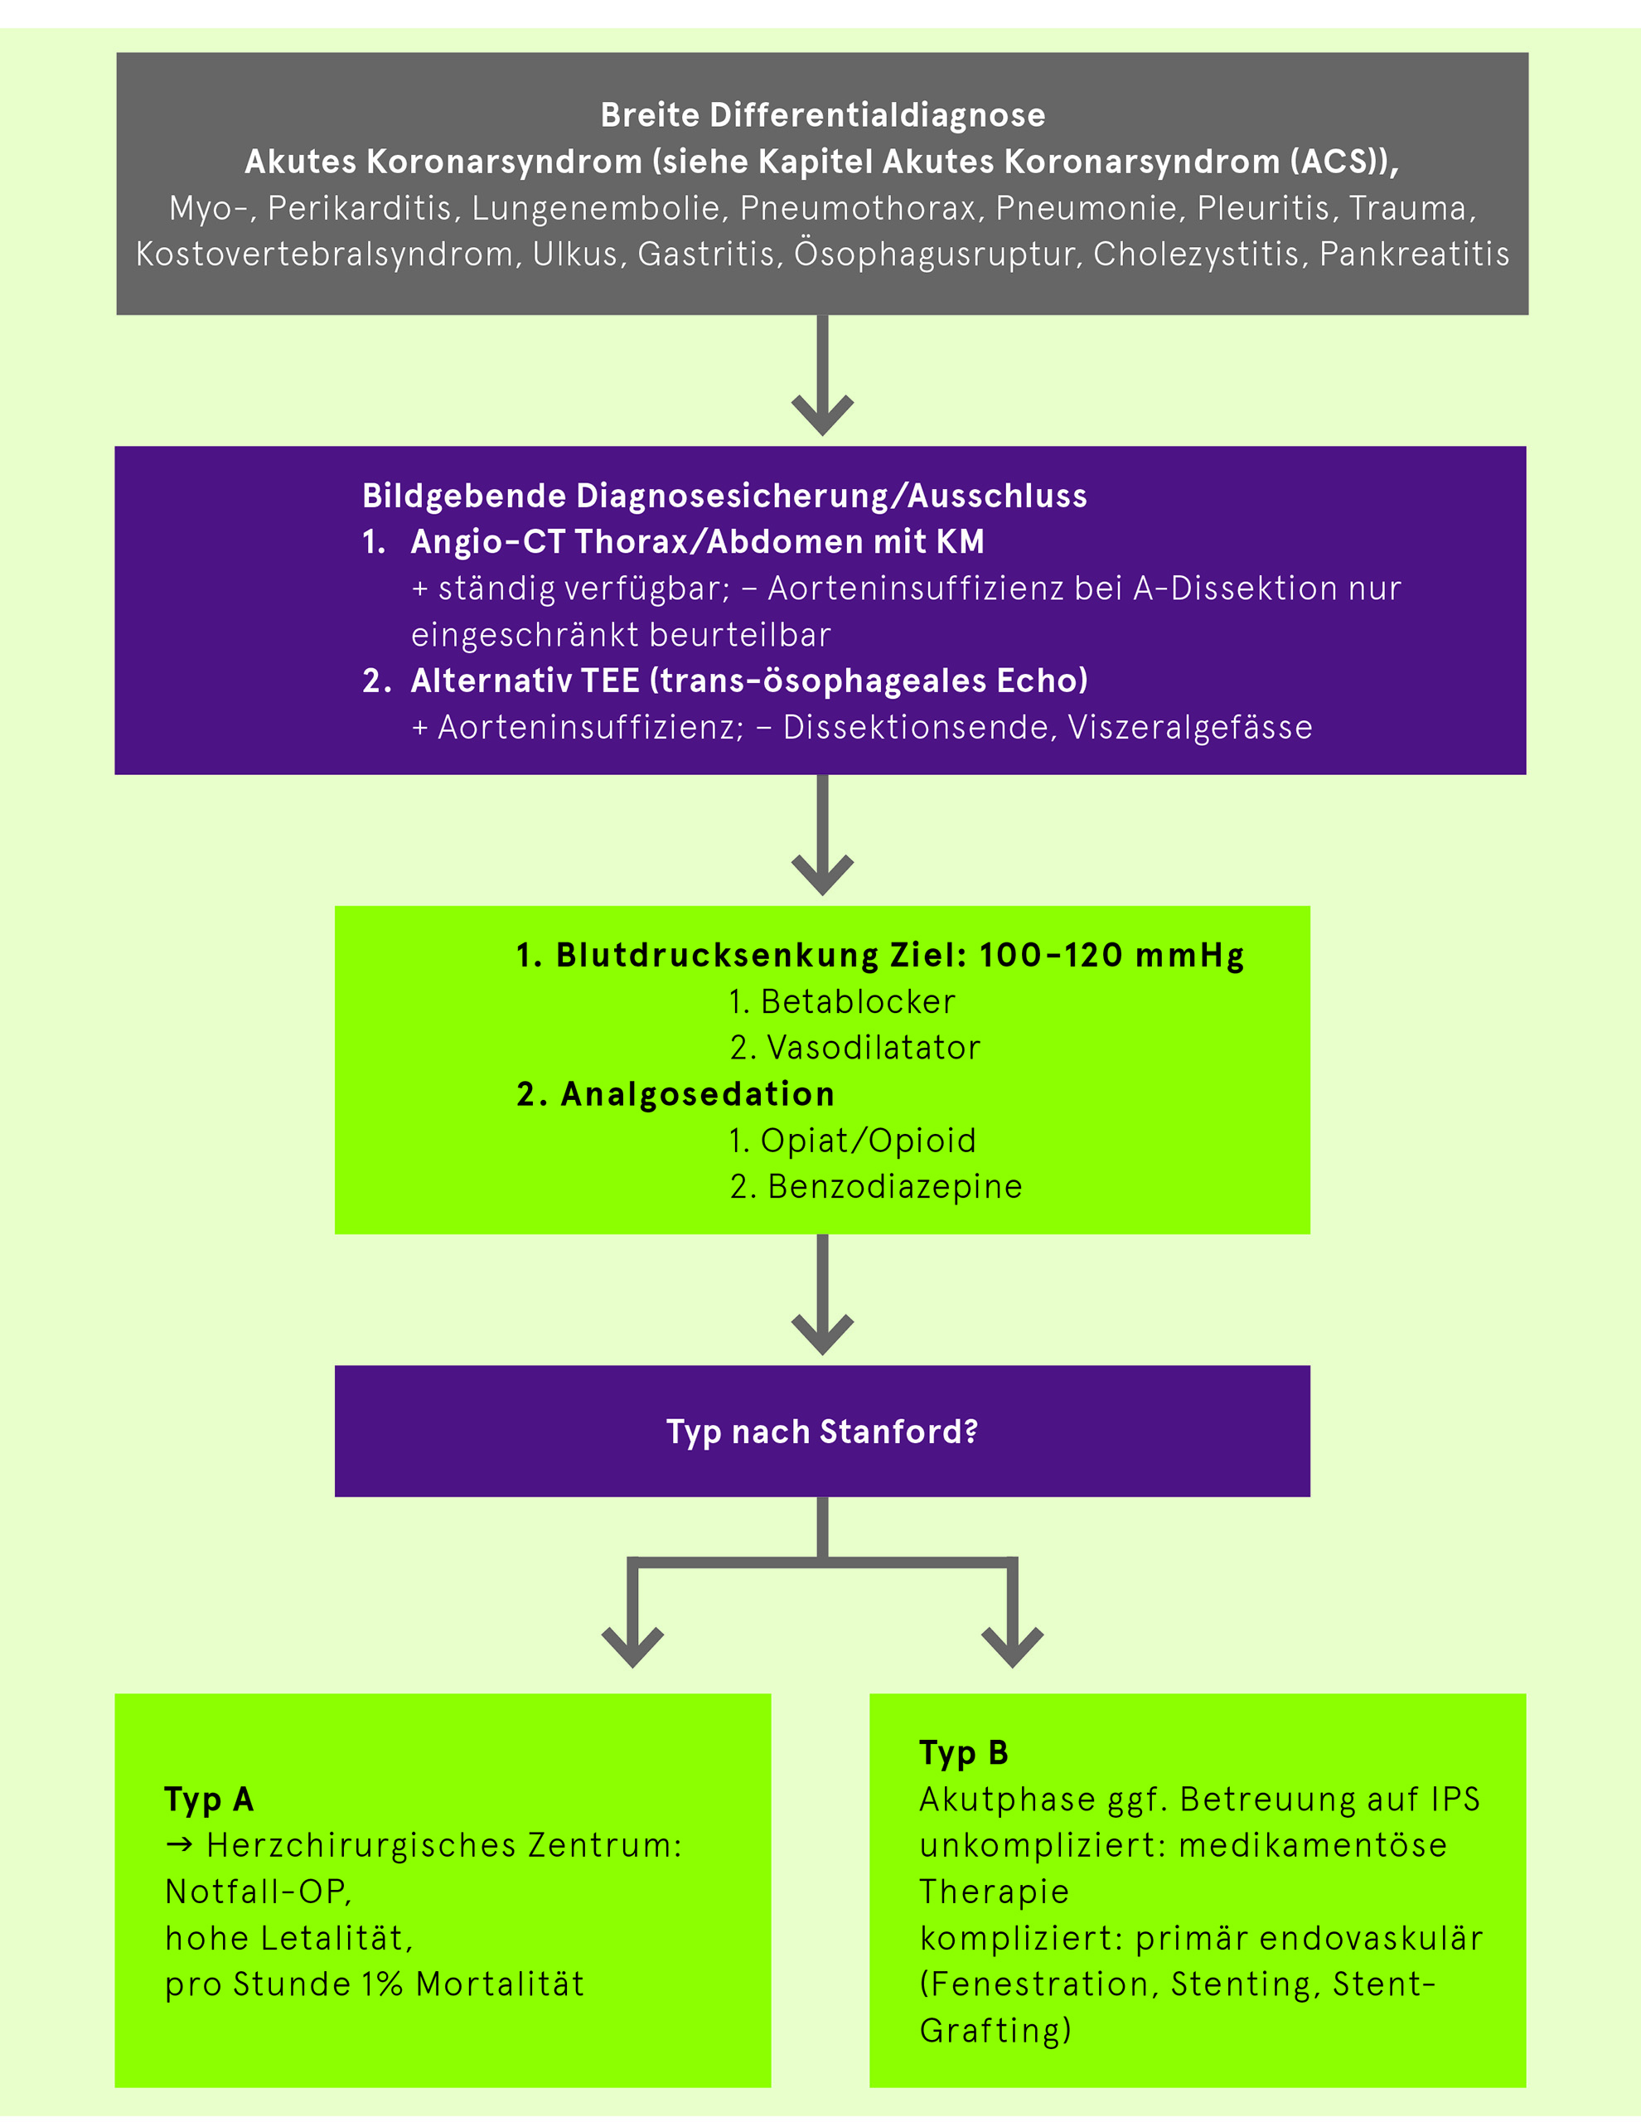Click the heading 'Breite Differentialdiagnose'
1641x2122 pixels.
coord(823,114)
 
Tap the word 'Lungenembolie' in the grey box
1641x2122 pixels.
coord(596,208)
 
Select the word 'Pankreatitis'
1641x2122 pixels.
coord(1414,254)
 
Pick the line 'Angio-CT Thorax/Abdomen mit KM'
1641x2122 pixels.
coord(697,541)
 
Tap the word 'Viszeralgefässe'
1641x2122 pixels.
coord(1190,727)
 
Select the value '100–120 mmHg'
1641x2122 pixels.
coord(1111,955)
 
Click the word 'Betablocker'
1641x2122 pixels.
coord(858,1001)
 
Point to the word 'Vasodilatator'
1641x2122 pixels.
coord(874,1048)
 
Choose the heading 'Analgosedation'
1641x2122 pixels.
coord(698,1094)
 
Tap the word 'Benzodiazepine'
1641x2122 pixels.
coord(895,1186)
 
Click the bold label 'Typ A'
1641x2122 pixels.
coord(209,1800)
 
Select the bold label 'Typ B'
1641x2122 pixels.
coord(964,1754)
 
